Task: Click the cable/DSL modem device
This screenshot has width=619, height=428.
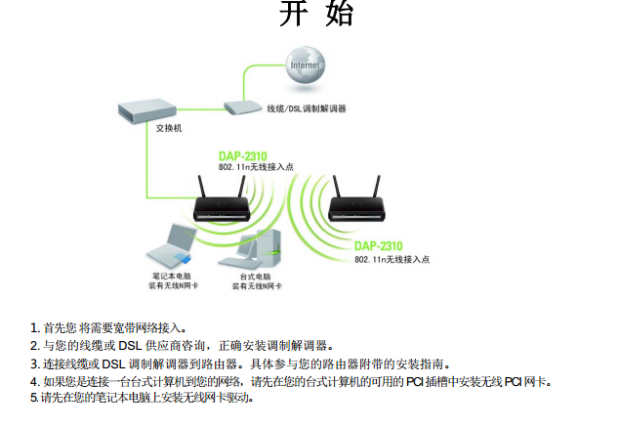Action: click(x=241, y=107)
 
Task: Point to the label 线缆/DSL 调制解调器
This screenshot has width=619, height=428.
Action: click(x=307, y=108)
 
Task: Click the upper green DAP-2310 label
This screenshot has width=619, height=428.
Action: click(x=241, y=156)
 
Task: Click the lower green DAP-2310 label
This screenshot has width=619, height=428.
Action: click(x=379, y=245)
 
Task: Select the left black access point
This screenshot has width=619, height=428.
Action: click(x=226, y=206)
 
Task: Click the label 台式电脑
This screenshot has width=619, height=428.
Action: click(x=256, y=278)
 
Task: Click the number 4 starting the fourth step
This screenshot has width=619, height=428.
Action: click(x=34, y=381)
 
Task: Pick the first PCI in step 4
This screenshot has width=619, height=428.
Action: click(x=414, y=381)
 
